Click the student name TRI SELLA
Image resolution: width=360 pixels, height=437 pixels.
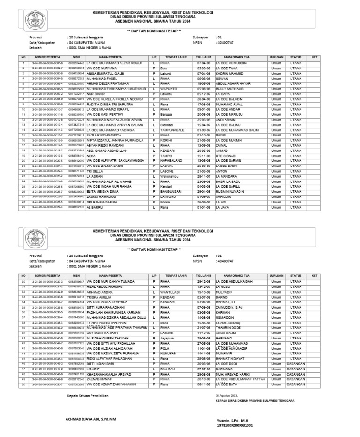(x=96, y=171)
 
